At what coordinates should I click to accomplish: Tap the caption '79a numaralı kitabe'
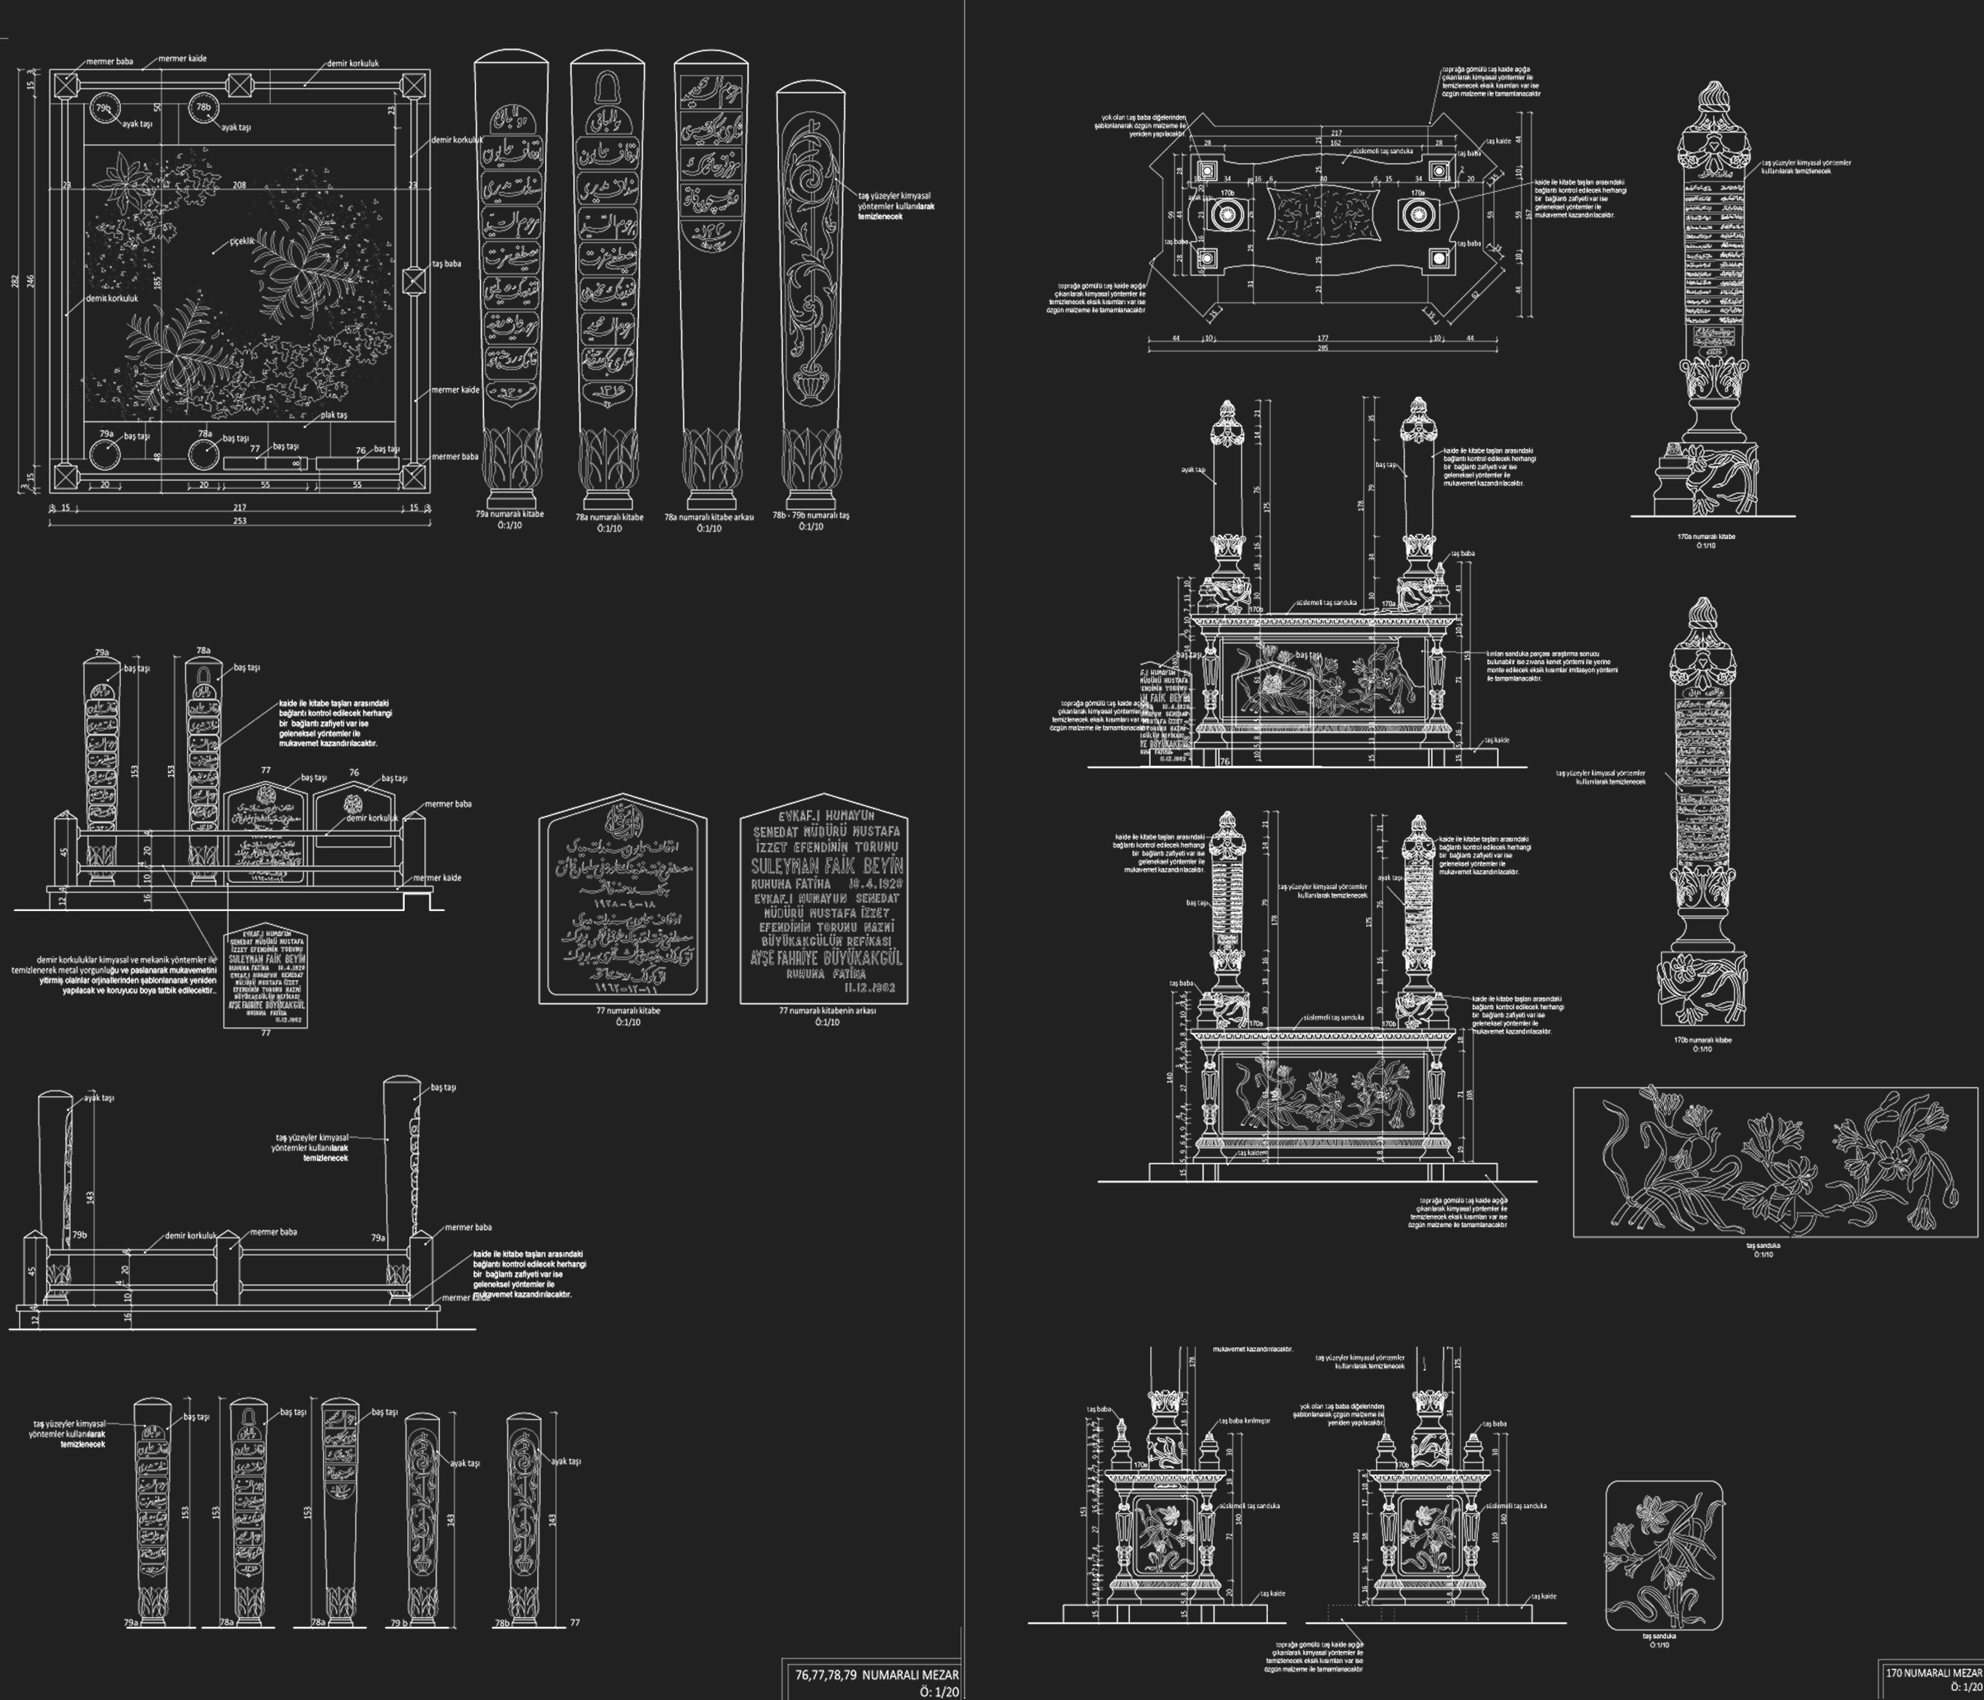(x=509, y=514)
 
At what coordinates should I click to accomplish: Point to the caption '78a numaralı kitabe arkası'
(x=709, y=517)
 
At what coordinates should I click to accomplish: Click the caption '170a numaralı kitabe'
(x=1706, y=536)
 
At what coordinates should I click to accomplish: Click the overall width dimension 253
(x=239, y=521)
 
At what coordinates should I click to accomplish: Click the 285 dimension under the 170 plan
(x=1322, y=347)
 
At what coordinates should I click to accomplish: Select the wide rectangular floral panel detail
(x=1774, y=1162)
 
